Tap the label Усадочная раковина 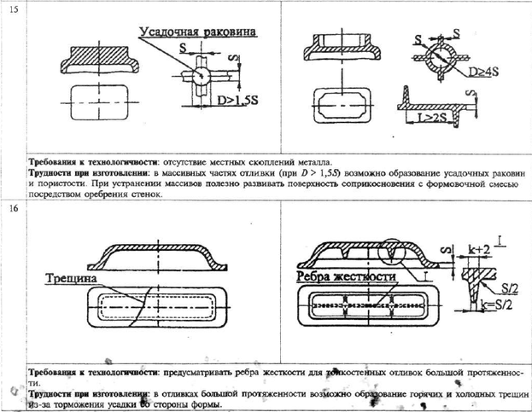pyautogui.click(x=199, y=32)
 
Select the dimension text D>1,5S pyautogui.click(x=219, y=101)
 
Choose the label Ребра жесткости pyautogui.click(x=342, y=277)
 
